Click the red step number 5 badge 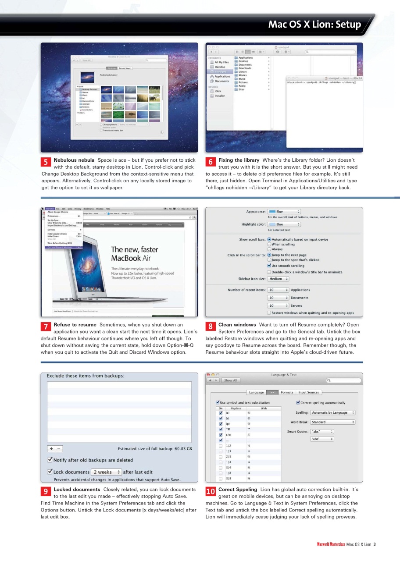[x=46, y=162]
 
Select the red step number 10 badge [x=211, y=492]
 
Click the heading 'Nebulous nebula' [x=74, y=160]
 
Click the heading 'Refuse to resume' [x=75, y=325]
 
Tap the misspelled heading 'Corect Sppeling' [x=238, y=489]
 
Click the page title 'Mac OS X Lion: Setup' [x=314, y=24]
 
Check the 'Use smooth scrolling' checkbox [x=269, y=266]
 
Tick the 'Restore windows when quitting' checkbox [x=269, y=313]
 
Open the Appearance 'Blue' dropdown [x=284, y=212]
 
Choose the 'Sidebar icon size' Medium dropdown [x=278, y=279]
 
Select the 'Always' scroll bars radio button [x=269, y=249]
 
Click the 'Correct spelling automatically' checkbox [x=298, y=403]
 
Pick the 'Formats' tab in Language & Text [x=287, y=392]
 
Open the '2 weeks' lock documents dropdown [x=107, y=472]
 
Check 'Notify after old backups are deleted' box [x=50, y=460]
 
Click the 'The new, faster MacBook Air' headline [x=134, y=254]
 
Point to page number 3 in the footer [x=375, y=545]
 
